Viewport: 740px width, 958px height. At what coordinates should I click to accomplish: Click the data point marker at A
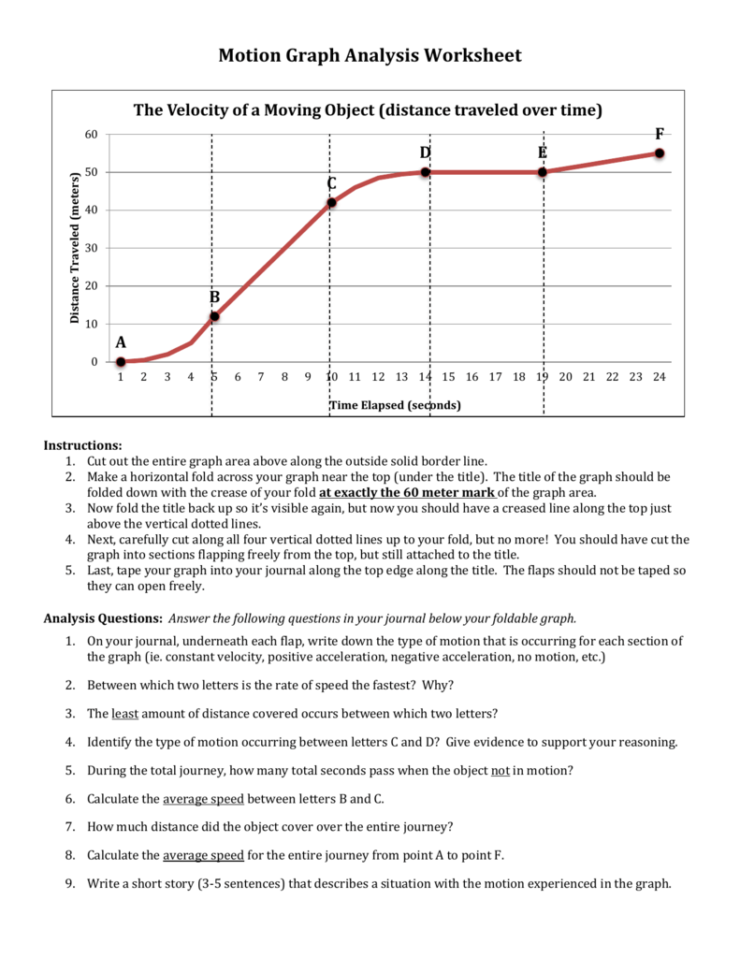tap(121, 362)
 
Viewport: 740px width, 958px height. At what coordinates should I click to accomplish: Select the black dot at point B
tap(214, 316)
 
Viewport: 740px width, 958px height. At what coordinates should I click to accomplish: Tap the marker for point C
tap(331, 202)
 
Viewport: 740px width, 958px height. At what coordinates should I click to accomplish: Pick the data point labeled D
tap(425, 172)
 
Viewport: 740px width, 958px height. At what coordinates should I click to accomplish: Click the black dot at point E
tap(543, 172)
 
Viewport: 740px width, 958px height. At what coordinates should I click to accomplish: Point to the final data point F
tap(660, 153)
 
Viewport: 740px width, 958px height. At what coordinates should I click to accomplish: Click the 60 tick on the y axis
tap(91, 135)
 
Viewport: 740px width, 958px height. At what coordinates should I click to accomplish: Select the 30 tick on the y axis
tap(91, 248)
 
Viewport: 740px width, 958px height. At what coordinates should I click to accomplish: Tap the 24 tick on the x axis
tap(659, 377)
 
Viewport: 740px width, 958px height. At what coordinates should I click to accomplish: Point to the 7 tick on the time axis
tap(261, 377)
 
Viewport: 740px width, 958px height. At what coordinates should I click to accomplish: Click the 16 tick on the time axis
tap(472, 377)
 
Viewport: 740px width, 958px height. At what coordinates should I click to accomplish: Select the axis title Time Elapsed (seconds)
tap(395, 405)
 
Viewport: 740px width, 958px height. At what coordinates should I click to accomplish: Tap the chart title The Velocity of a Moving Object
tap(368, 110)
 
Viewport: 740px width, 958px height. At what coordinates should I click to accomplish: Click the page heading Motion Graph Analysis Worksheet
tap(370, 55)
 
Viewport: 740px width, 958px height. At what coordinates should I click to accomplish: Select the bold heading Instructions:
tap(83, 445)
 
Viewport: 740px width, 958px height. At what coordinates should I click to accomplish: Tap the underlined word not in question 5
tap(501, 771)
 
